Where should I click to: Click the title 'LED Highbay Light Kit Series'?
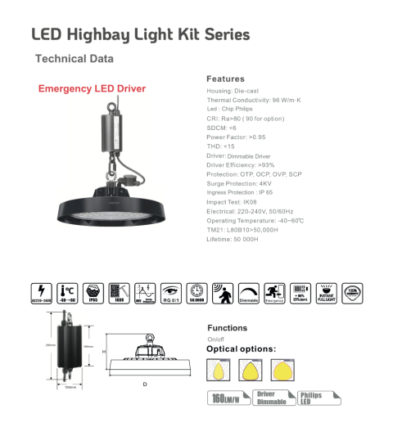(x=140, y=34)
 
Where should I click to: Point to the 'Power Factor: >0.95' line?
(x=237, y=137)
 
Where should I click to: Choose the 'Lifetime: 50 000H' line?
(x=233, y=239)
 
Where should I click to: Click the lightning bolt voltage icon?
(x=38, y=291)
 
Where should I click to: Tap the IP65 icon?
(x=93, y=291)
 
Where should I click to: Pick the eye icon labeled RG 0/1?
(x=170, y=291)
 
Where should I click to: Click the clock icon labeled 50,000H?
(x=196, y=291)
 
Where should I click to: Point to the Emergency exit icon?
(x=273, y=291)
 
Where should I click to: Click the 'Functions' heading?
(x=227, y=328)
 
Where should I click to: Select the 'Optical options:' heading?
(x=241, y=349)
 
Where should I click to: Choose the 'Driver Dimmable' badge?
(x=271, y=398)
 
